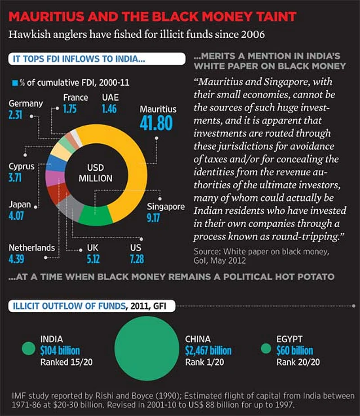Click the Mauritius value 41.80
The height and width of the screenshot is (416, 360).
click(156, 123)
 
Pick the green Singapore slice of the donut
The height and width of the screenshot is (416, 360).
click(96, 217)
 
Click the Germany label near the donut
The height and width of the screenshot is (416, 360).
click(26, 104)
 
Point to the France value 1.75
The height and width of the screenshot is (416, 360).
click(70, 108)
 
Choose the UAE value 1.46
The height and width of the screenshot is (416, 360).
click(109, 108)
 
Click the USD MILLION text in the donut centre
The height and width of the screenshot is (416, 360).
click(95, 173)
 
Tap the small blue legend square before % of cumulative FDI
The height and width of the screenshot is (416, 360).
click(15, 82)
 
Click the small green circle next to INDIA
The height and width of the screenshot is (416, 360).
click(28, 348)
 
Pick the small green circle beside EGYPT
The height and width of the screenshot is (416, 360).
click(266, 349)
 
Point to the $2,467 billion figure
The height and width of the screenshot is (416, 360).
click(208, 350)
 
